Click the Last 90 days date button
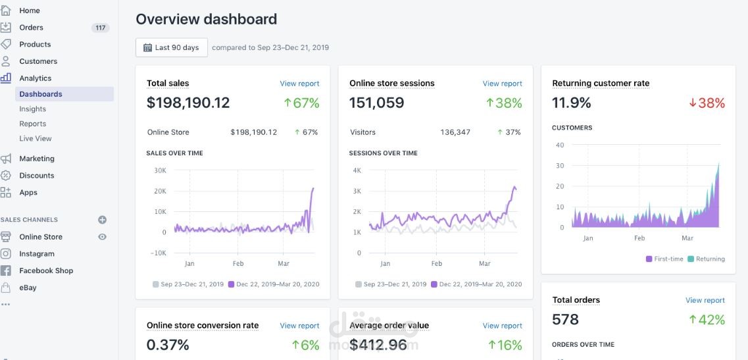click(171, 47)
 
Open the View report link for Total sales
click(299, 84)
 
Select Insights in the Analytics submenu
click(33, 109)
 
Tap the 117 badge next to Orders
click(101, 28)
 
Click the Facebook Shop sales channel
click(46, 270)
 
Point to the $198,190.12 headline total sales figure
click(188, 103)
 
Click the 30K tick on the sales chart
click(159, 170)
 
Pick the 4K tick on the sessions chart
click(357, 170)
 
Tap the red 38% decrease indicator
click(707, 103)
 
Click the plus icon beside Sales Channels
click(102, 220)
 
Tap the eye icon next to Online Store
click(102, 237)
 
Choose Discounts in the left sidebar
click(37, 176)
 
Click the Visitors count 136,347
click(455, 132)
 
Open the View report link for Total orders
click(705, 300)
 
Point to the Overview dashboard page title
click(206, 19)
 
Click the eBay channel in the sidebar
click(28, 288)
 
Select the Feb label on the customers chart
click(639, 238)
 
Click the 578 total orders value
click(566, 320)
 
